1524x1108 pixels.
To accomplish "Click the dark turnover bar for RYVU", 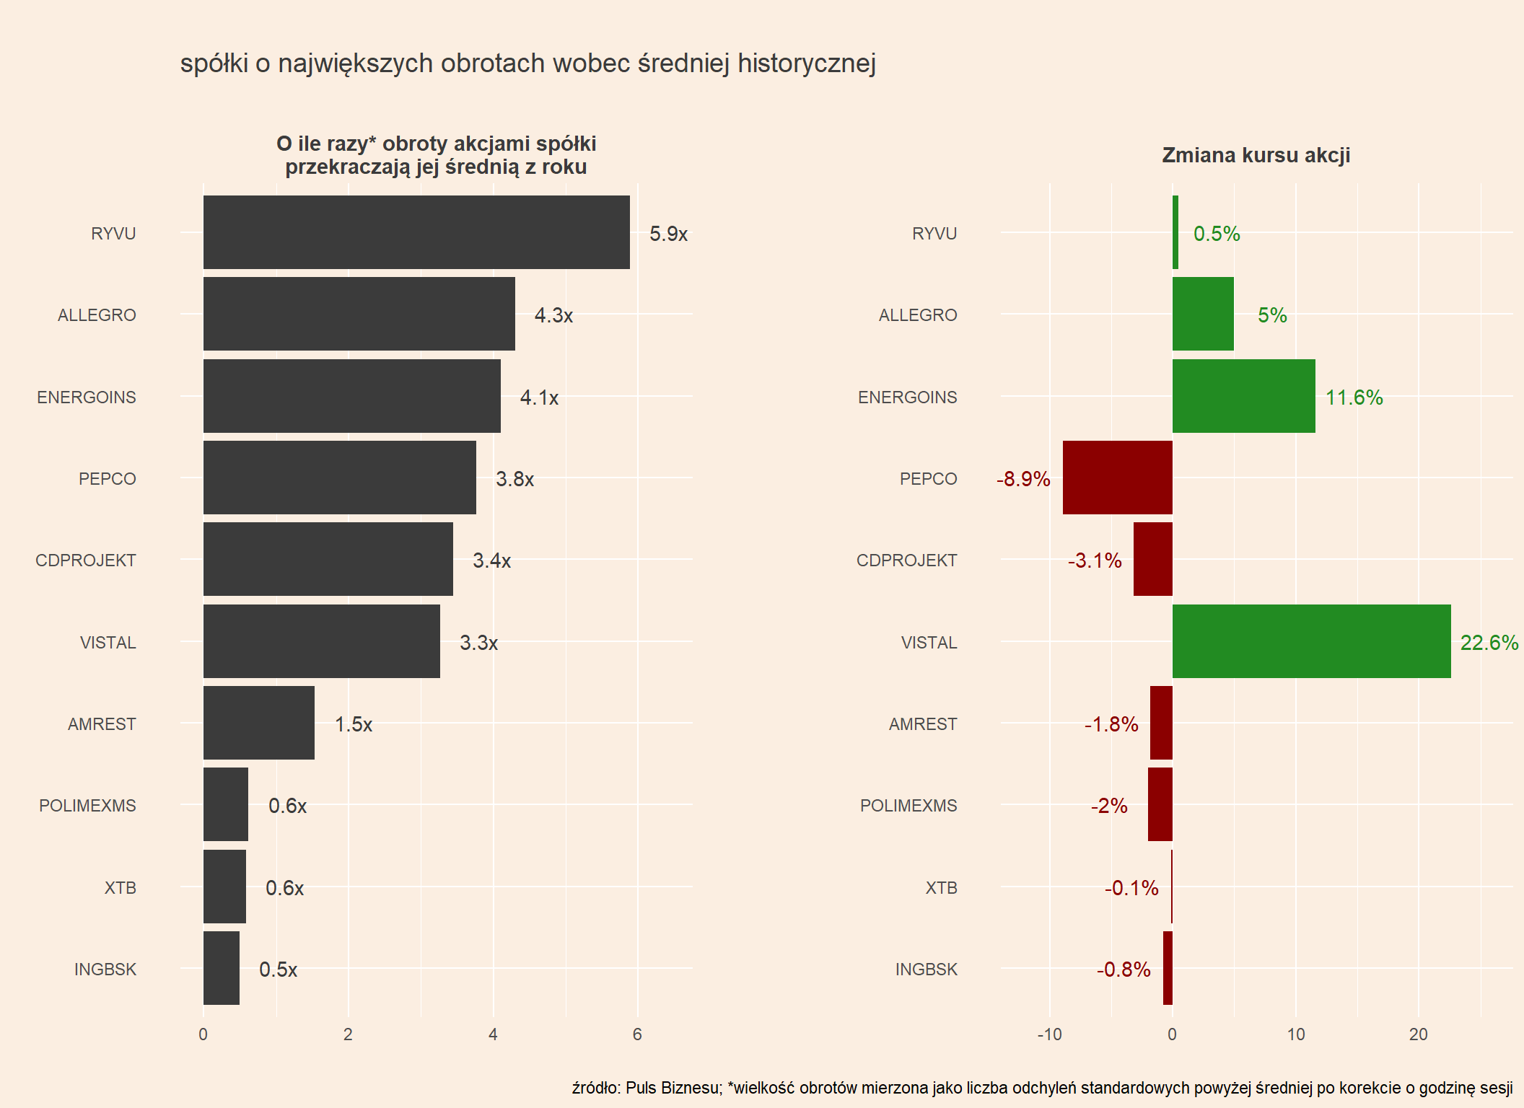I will point(416,232).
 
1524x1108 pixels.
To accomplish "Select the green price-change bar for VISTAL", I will point(1311,641).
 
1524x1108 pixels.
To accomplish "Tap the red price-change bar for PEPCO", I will point(1117,478).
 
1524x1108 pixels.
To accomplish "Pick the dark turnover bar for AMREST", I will point(259,723).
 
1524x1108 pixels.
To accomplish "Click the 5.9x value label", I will point(668,234).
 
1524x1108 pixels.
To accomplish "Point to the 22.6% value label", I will point(1489,643).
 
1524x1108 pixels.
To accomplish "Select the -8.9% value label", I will point(1023,479).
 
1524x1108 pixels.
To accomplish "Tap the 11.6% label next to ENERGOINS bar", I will point(1354,397).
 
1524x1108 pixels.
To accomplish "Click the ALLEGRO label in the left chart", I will point(97,315).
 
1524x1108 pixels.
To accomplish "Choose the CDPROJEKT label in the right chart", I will point(906,560).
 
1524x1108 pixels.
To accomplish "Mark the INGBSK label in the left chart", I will point(105,969).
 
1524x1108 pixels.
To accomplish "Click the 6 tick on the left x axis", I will point(637,1034).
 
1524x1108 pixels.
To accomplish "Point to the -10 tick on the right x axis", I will point(1049,1034).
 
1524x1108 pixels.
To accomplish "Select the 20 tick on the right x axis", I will point(1418,1034).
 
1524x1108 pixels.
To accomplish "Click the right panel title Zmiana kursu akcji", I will point(1256,155).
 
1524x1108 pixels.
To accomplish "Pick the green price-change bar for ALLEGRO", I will point(1203,314).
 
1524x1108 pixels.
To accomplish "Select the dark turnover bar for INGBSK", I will point(222,968).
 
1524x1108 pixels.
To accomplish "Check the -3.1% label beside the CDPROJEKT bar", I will point(1095,560).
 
